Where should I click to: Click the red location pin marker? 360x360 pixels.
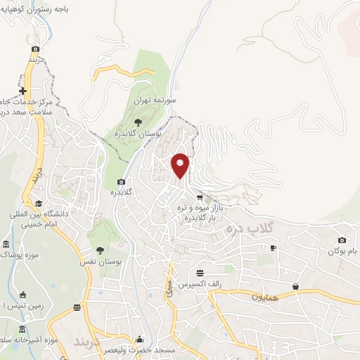[x=181, y=165]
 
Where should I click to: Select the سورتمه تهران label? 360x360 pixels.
[x=157, y=101]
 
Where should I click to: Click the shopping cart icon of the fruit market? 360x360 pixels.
[x=200, y=198]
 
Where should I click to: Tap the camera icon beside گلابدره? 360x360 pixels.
[x=121, y=181]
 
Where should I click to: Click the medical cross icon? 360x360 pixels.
[x=23, y=91]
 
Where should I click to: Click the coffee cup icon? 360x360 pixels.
[x=273, y=247]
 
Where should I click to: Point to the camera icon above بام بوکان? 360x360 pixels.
[x=342, y=240]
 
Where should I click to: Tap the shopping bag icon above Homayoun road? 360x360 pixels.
[x=296, y=286]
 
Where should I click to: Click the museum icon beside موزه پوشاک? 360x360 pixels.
[x=6, y=245]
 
